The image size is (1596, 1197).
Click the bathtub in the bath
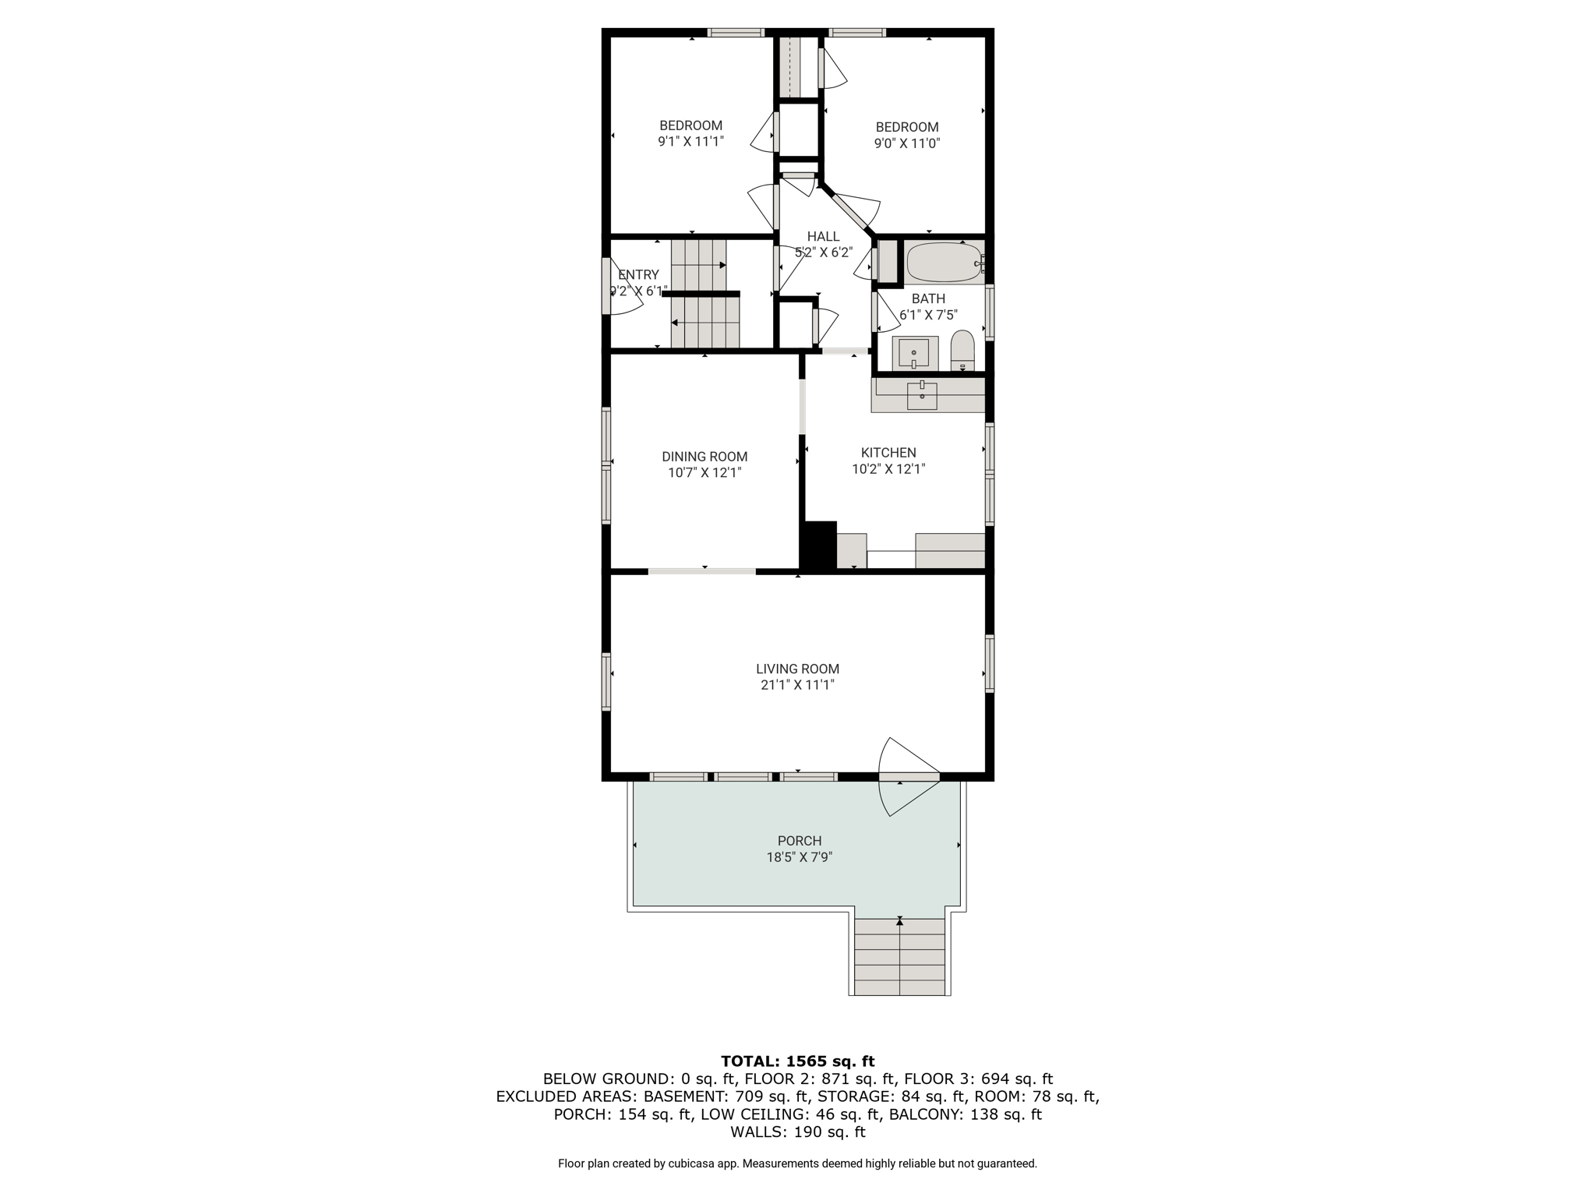944,262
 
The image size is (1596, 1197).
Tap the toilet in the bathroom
962,351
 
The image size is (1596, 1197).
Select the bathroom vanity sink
914,354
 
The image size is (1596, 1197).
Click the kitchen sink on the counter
923,396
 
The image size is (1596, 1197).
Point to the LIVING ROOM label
797,669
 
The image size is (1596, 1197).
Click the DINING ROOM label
704,457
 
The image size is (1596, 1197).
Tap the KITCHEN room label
888,453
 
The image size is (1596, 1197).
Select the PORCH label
800,841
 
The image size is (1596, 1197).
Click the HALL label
823,237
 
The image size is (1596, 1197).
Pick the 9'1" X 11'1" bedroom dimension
691,142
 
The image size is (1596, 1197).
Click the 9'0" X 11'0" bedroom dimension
907,143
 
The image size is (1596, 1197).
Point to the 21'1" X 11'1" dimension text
797,685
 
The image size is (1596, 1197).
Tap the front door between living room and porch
909,776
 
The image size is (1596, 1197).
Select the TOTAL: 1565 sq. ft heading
797,1061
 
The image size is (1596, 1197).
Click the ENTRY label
638,275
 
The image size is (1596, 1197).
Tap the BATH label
928,298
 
